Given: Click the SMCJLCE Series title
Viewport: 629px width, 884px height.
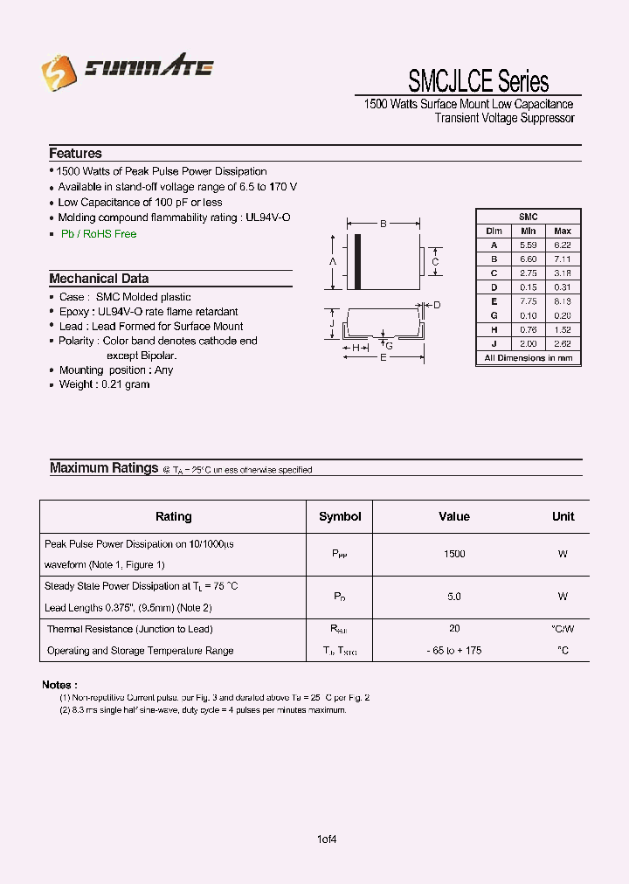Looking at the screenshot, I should click(478, 81).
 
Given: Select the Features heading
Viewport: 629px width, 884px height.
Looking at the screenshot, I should click(75, 153).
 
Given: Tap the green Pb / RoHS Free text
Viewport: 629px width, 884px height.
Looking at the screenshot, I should click(98, 234).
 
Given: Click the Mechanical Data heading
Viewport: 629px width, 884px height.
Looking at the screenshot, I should click(99, 279).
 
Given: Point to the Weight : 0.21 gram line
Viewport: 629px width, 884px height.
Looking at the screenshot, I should click(104, 384).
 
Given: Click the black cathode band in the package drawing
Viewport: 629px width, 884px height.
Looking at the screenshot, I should click(357, 262).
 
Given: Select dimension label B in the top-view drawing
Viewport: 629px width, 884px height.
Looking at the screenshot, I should click(383, 224).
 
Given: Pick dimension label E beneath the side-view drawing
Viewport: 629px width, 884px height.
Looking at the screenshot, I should click(383, 358).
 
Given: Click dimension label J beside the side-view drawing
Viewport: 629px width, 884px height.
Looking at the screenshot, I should click(333, 323).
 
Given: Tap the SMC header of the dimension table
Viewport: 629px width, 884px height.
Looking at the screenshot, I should click(528, 217).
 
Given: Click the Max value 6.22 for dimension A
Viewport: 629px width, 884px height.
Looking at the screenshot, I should click(562, 245).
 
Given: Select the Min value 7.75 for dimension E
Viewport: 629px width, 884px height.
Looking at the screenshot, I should click(528, 301).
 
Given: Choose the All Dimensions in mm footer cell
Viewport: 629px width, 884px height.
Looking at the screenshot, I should click(528, 358).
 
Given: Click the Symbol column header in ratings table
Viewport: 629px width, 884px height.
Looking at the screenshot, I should click(340, 516).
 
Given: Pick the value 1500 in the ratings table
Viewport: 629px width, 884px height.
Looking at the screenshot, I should click(454, 554).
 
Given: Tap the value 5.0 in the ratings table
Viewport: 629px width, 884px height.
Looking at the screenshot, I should click(454, 597).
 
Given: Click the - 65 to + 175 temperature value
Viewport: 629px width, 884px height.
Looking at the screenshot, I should click(454, 651).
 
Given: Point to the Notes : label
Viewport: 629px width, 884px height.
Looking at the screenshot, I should click(59, 685).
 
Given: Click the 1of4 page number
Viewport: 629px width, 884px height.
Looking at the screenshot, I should click(327, 839).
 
